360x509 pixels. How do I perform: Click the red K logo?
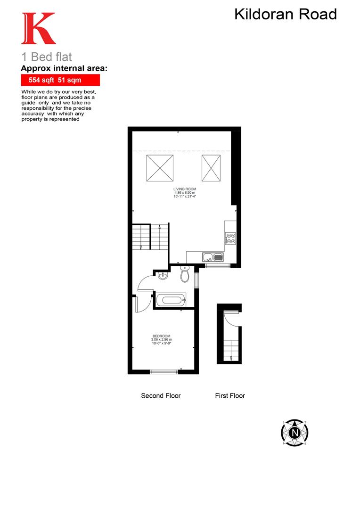coord(38,29)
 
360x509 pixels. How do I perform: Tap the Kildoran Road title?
coord(286,14)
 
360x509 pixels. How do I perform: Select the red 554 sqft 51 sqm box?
coord(60,80)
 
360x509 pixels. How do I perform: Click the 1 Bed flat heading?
coord(47,57)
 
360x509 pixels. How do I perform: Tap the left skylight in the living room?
coord(160,168)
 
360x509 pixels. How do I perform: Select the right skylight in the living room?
coord(212,168)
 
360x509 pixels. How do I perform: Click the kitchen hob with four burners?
coord(231,238)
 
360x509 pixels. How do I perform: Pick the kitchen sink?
coord(213,257)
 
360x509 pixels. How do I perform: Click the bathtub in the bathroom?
coord(171,300)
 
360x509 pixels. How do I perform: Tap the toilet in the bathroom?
coord(185,274)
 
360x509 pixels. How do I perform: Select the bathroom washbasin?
coord(163,275)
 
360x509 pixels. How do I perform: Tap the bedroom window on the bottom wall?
coord(164,372)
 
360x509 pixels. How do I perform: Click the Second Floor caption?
coord(161,396)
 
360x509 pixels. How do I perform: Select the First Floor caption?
coord(230,396)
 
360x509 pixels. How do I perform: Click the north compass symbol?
coord(295,432)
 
